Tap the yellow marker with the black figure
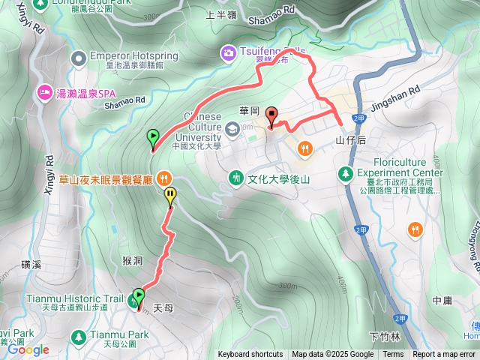[x=170, y=196]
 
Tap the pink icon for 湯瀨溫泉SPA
[x=43, y=93]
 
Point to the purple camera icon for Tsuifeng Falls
[x=226, y=52]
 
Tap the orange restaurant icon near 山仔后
[x=304, y=148]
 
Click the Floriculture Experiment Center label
[x=401, y=162]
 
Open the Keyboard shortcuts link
[x=250, y=355]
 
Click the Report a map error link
[x=445, y=355]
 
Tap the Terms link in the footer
[x=393, y=355]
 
